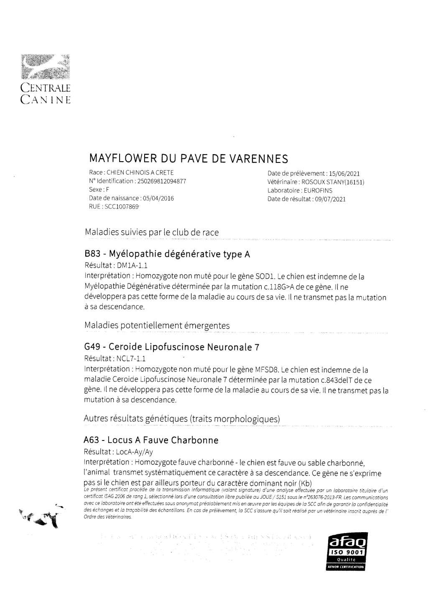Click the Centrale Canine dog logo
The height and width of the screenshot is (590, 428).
pyautogui.click(x=45, y=67)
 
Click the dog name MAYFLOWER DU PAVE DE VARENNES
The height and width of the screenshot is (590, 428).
pyautogui.click(x=189, y=159)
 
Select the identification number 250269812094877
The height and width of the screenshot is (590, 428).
pyautogui.click(x=161, y=181)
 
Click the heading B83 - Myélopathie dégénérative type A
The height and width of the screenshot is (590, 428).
pyautogui.click(x=167, y=254)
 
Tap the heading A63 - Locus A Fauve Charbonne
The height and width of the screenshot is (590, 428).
pyautogui.click(x=151, y=440)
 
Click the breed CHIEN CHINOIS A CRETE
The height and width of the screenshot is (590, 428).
pyautogui.click(x=140, y=173)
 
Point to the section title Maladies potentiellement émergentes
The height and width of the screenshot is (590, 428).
pyautogui.click(x=157, y=325)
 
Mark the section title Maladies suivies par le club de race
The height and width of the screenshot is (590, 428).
pyautogui.click(x=151, y=232)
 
